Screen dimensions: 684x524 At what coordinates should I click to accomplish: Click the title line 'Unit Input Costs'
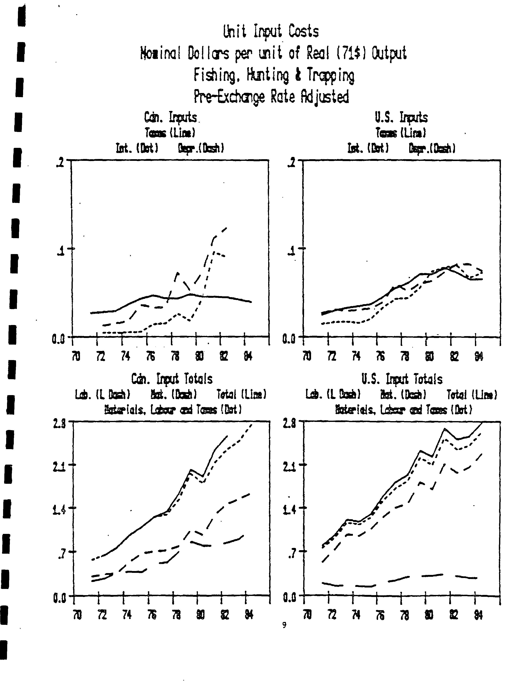tap(271, 32)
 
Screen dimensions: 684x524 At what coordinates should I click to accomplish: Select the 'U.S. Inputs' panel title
tap(401, 118)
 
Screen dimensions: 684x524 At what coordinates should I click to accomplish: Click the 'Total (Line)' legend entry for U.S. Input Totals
tap(472, 395)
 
